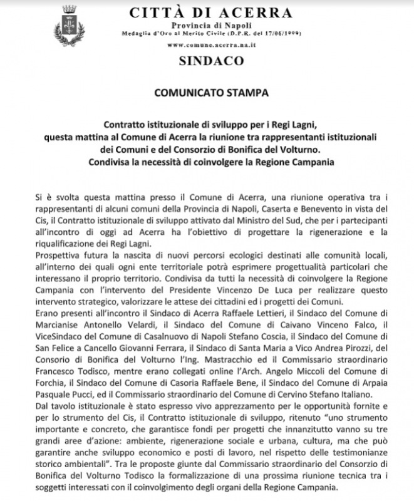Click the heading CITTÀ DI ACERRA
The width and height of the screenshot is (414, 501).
coord(209,13)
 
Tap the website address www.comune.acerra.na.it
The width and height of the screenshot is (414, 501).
coord(207,46)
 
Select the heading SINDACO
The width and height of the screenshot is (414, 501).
coord(207,61)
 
